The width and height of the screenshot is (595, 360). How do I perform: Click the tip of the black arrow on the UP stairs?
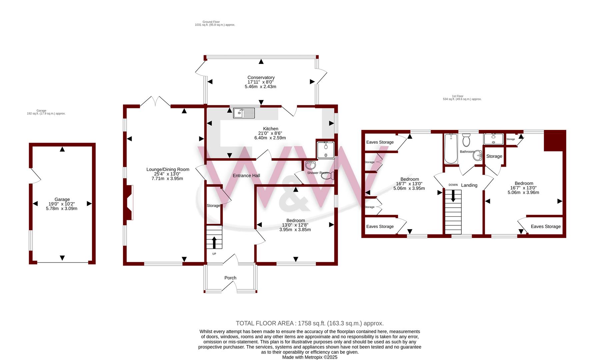tap(214, 237)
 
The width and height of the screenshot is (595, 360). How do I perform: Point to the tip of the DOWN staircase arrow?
tap(453, 202)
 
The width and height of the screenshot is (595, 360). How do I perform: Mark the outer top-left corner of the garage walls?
tap(29, 143)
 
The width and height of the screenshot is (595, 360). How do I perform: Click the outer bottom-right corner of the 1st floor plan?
tap(566, 238)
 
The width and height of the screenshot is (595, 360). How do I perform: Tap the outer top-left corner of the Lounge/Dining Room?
tap(123, 105)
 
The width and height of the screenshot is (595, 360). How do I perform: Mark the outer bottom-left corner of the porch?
tap(204, 293)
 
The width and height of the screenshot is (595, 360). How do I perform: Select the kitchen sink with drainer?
tap(244, 113)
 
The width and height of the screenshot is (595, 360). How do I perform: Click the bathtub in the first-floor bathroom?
tap(451, 149)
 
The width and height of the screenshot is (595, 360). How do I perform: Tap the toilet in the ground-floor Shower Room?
tap(328, 176)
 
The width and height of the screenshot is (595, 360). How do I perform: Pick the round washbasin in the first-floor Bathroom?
tap(478, 155)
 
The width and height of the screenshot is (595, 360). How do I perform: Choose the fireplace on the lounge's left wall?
tap(129, 203)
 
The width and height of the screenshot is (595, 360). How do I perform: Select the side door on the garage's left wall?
tap(35, 175)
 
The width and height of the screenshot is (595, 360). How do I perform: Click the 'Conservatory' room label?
tap(261, 78)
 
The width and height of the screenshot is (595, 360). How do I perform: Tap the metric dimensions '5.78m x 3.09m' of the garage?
tap(62, 209)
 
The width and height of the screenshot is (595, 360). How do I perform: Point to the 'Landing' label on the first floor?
tap(469, 185)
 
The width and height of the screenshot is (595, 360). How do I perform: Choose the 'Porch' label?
tap(230, 278)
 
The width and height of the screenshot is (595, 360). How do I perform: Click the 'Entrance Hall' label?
tap(246, 176)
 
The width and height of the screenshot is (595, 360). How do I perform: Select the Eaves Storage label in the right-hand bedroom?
tap(546, 226)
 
